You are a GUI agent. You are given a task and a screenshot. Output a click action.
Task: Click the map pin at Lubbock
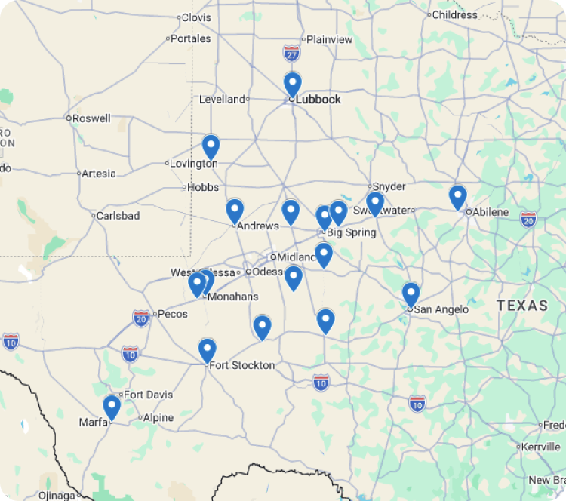click(x=292, y=84)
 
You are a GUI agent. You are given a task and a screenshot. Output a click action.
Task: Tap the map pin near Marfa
click(x=112, y=407)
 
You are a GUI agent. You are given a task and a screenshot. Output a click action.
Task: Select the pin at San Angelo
click(x=411, y=294)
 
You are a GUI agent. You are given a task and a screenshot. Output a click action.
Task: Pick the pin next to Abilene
click(x=457, y=196)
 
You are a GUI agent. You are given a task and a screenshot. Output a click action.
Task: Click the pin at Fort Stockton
click(x=207, y=350)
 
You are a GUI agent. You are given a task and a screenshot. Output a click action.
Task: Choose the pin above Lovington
click(x=211, y=146)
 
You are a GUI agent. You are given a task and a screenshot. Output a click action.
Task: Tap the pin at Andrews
click(x=235, y=211)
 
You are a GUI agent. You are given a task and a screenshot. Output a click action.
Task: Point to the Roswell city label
click(x=91, y=118)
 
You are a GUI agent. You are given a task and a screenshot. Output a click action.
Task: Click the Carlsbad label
click(x=118, y=216)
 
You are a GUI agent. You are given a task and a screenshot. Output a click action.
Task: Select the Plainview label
click(x=330, y=39)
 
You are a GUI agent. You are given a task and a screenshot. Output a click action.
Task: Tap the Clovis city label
click(x=196, y=17)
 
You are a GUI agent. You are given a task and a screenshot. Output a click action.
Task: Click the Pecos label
click(x=172, y=314)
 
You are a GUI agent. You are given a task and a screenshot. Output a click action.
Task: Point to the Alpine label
click(x=158, y=418)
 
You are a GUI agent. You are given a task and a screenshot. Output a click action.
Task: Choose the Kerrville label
click(x=540, y=447)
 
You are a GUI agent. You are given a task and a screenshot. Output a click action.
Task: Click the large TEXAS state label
click(x=522, y=306)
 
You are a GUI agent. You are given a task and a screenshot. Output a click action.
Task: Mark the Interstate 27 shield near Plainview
click(x=292, y=53)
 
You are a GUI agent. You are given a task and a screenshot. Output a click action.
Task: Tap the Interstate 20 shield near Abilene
click(x=528, y=220)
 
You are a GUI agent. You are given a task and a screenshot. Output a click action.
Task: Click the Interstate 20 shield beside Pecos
click(x=141, y=318)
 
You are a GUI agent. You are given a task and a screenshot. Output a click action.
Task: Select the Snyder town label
click(x=389, y=186)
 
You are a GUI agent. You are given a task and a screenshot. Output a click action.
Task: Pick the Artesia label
click(x=99, y=174)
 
